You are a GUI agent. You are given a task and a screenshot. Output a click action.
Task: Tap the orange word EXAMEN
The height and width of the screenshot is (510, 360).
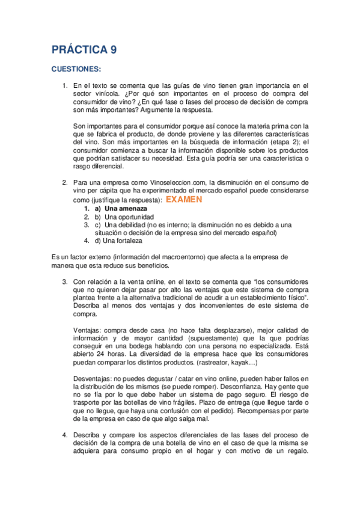[184, 199]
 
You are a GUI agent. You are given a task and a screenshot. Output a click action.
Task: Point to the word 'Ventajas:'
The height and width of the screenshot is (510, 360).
[87, 330]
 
